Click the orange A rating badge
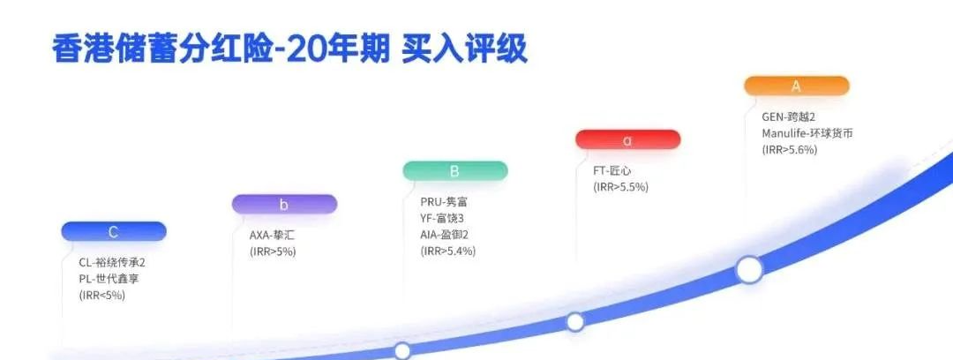(x=796, y=86)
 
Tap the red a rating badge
(x=627, y=139)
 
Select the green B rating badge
(x=454, y=171)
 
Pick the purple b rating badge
(x=283, y=205)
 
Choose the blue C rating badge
(x=113, y=232)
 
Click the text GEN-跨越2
(x=793, y=116)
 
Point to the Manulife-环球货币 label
(x=807, y=133)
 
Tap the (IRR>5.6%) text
(x=790, y=150)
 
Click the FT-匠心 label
(x=612, y=170)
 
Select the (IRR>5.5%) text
(x=619, y=187)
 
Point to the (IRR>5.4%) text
(x=448, y=251)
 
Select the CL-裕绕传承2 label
(x=112, y=262)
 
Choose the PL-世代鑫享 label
(x=109, y=279)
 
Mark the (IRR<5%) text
(x=102, y=296)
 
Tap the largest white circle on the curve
(x=749, y=269)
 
